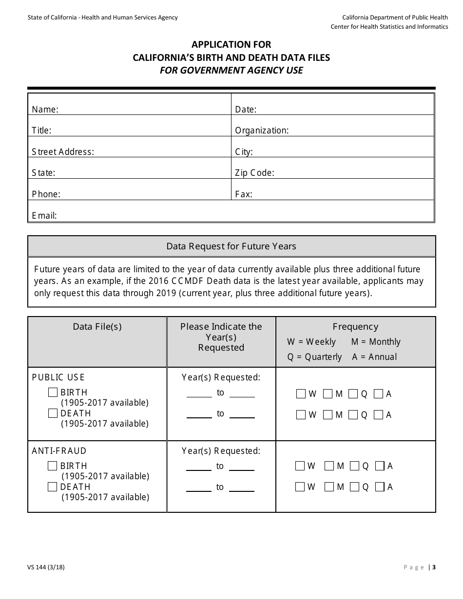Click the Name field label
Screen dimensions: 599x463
[x=45, y=110]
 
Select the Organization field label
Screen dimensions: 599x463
[x=262, y=131]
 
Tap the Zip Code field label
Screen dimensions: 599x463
[x=254, y=173]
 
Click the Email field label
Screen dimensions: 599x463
[x=44, y=215]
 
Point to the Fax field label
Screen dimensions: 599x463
[x=243, y=194]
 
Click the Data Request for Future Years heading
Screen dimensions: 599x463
[x=231, y=246]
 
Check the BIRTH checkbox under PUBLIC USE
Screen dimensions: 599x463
[x=53, y=393]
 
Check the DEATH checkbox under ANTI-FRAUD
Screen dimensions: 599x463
[x=53, y=487]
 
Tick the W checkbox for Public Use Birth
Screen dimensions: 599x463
[x=301, y=394]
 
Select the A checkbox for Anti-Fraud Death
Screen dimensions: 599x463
[x=380, y=487]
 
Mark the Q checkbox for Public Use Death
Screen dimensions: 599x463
[x=353, y=415]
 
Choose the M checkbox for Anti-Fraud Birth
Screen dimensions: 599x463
[x=329, y=466]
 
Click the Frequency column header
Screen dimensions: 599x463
[x=355, y=327]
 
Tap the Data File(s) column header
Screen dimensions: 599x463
[x=97, y=327]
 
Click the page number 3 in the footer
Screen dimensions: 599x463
[x=434, y=567]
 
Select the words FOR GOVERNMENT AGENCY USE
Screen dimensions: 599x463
[x=231, y=70]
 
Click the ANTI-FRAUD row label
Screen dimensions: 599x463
[x=59, y=451]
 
